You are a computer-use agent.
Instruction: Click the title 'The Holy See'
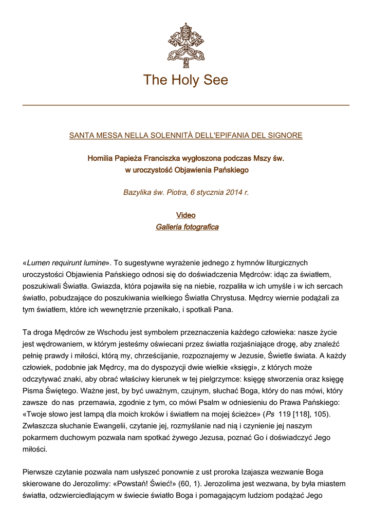tap(185, 80)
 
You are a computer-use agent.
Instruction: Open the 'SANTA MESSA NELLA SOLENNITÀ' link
tap(185, 136)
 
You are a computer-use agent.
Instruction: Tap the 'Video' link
tap(185, 215)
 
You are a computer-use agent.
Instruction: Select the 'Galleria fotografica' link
tap(187, 227)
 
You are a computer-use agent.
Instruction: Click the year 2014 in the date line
tap(229, 193)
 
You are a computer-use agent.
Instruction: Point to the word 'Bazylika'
tap(138, 193)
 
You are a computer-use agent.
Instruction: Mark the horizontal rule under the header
tap(185, 105)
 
